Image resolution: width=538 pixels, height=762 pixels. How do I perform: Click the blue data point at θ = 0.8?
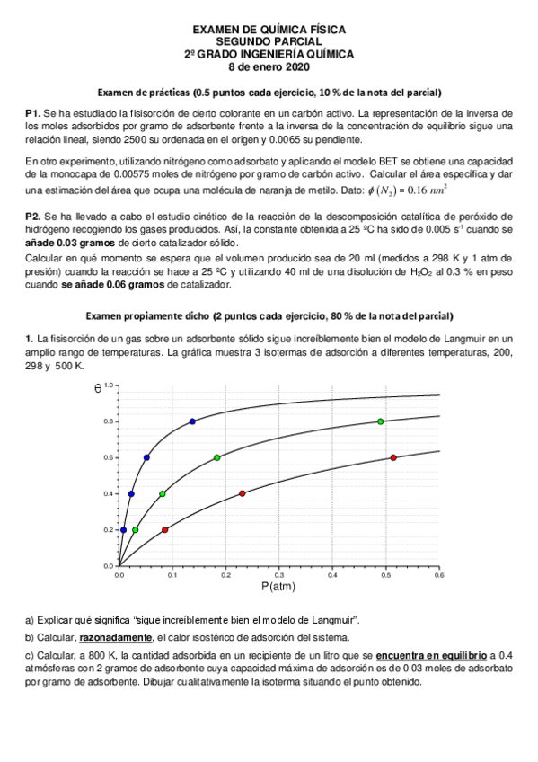pyautogui.click(x=192, y=421)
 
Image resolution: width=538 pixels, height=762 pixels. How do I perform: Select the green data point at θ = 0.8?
pyautogui.click(x=381, y=421)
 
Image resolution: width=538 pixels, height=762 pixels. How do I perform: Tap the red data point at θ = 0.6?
pyautogui.click(x=393, y=457)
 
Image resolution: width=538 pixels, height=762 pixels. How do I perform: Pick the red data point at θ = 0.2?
pyautogui.click(x=164, y=529)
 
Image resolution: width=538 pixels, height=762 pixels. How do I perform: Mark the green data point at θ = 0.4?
pyautogui.click(x=162, y=493)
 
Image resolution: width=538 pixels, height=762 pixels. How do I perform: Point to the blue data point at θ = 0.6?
pyautogui.click(x=146, y=457)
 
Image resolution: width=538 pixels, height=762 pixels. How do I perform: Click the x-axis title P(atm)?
pyautogui.click(x=278, y=586)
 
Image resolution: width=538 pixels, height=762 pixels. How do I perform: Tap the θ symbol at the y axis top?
pyautogui.click(x=97, y=388)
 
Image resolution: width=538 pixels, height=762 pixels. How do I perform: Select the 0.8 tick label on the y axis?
pyautogui.click(x=108, y=421)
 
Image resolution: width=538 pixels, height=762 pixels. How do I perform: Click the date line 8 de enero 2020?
pyautogui.click(x=269, y=66)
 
